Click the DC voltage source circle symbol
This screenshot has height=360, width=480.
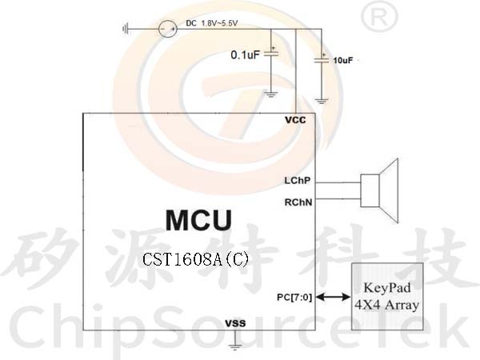pyautogui.click(x=168, y=29)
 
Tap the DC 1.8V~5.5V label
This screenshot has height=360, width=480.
pyautogui.click(x=211, y=23)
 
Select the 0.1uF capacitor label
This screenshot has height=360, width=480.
pyautogui.click(x=245, y=54)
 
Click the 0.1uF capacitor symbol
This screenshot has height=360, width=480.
pyautogui.click(x=271, y=54)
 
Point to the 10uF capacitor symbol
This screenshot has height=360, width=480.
pyautogui.click(x=322, y=59)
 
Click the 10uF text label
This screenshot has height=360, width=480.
pyautogui.click(x=343, y=60)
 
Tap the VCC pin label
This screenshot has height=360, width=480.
pyautogui.click(x=295, y=120)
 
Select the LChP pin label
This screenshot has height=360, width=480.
pyautogui.click(x=298, y=181)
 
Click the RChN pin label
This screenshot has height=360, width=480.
pyautogui.click(x=298, y=202)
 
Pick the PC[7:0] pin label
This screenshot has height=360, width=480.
pyautogui.click(x=294, y=298)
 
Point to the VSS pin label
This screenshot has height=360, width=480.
pyautogui.click(x=235, y=323)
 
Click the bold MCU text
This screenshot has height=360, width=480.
pyautogui.click(x=198, y=221)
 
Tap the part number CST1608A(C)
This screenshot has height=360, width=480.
pyautogui.click(x=196, y=259)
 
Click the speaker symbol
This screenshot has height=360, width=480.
pyautogui.click(x=379, y=190)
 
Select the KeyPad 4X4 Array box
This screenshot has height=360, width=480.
pyautogui.click(x=387, y=296)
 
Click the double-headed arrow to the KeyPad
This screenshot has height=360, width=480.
pyautogui.click(x=333, y=296)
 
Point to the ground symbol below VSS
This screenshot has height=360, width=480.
pyautogui.click(x=235, y=347)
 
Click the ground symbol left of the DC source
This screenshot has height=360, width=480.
pyautogui.click(x=126, y=30)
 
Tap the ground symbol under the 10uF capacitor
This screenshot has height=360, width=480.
pyautogui.click(x=322, y=101)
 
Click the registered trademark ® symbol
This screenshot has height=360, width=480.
pyautogui.click(x=379, y=17)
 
